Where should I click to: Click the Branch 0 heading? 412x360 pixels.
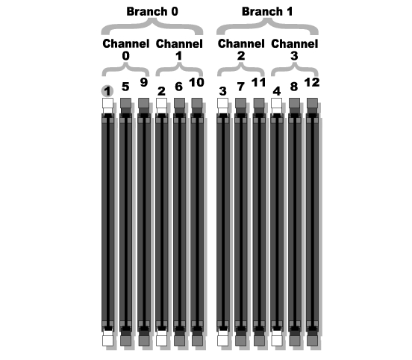point(152,11)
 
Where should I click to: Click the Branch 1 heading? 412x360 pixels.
point(267,11)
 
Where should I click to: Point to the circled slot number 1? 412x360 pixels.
point(107,92)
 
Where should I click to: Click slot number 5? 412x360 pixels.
point(125,87)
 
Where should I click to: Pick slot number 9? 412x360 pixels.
point(144,82)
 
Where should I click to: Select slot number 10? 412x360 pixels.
point(196,82)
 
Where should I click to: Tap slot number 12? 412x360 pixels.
point(312,82)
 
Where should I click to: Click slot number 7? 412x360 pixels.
point(240,87)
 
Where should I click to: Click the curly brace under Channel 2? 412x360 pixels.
point(240,69)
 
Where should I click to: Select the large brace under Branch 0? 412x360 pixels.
point(152,27)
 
